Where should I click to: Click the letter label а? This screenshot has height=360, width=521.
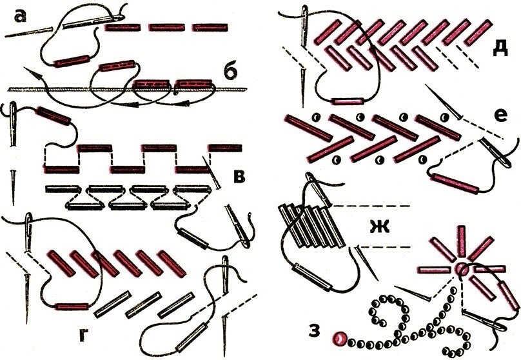(21, 16)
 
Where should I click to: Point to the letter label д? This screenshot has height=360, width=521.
(500, 49)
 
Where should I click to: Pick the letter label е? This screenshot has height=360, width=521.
(501, 115)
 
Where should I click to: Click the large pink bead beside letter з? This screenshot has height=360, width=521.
(340, 339)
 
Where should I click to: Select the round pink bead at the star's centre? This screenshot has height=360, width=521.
(461, 268)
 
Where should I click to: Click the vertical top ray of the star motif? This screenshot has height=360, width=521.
(461, 242)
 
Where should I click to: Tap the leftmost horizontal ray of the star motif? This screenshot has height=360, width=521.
(433, 270)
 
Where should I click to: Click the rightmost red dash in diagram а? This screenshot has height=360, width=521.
(210, 27)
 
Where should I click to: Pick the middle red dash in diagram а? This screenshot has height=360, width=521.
(167, 27)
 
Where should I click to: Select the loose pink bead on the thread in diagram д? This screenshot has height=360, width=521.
(348, 101)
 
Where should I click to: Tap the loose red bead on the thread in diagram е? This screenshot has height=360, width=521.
(455, 183)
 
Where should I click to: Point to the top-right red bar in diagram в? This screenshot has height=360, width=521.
(224, 148)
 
